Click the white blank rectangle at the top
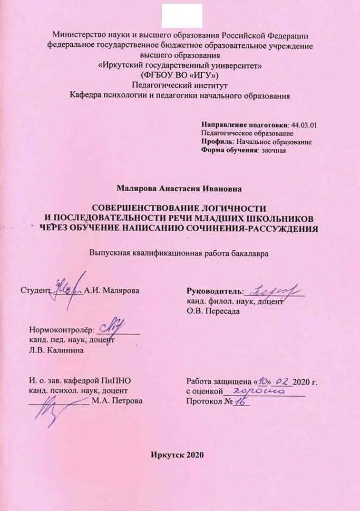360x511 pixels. (182, 16)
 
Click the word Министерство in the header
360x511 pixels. (79, 35)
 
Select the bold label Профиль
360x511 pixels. (218, 142)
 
